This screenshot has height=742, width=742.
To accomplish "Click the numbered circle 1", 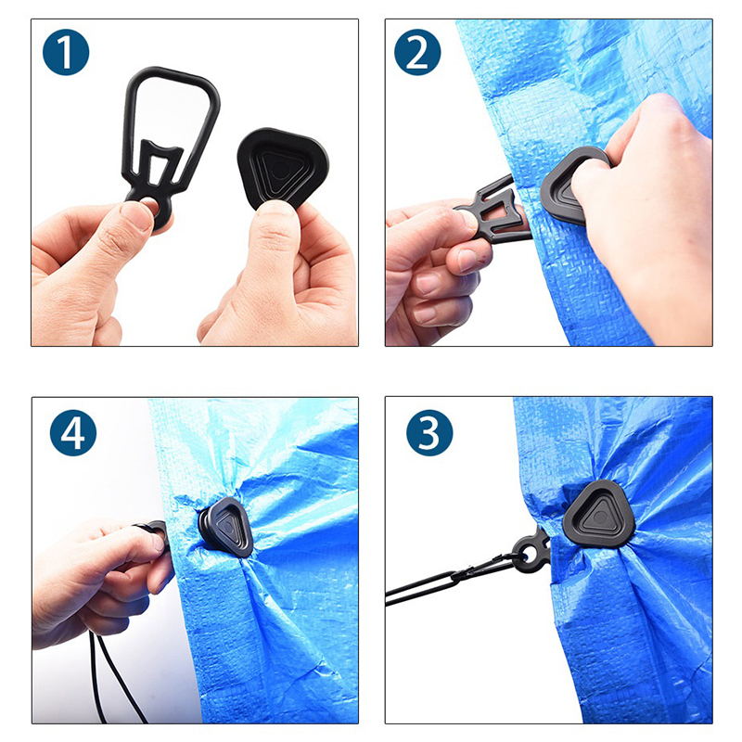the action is coord(66,52).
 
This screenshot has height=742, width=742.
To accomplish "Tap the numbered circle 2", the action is coord(417,52).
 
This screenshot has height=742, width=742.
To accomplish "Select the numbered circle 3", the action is coord(429,432).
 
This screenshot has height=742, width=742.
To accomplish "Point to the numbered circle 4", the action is coord(73,432).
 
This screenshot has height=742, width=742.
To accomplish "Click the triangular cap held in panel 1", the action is coord(283,167).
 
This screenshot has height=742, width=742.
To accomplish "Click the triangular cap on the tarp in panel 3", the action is coord(598,514).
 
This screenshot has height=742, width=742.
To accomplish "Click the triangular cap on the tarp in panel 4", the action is coord(225,527).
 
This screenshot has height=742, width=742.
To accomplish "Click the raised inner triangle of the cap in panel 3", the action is coord(599,515).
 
